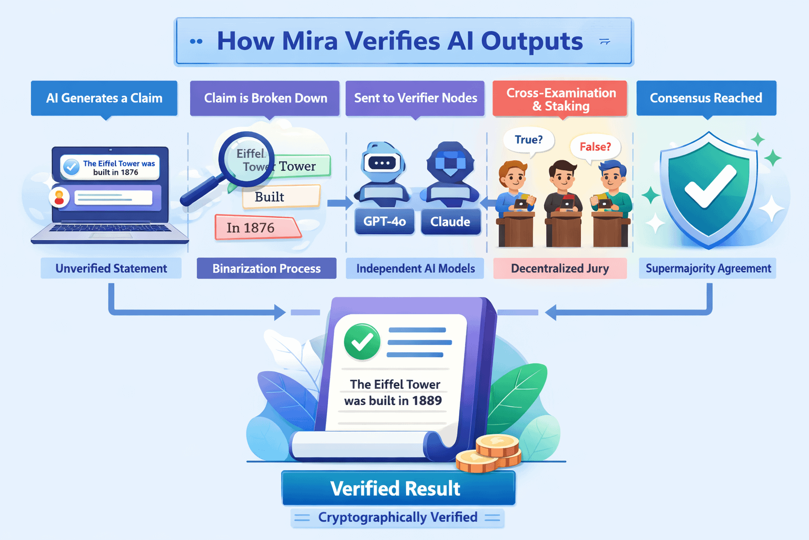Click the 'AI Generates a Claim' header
tap(104, 98)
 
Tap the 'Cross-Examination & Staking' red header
tap(560, 99)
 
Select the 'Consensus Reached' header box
tap(706, 98)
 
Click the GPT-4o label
tap(384, 221)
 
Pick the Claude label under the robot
tap(450, 221)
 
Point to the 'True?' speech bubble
tap(529, 140)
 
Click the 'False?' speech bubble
tap(595, 147)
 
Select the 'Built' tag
tap(279, 197)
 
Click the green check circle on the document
tap(362, 342)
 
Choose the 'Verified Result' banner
tap(398, 488)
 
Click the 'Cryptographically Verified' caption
tap(398, 517)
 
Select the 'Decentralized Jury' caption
tap(560, 268)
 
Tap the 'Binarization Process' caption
tap(267, 268)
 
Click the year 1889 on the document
tap(427, 401)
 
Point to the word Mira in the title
tap(310, 41)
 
